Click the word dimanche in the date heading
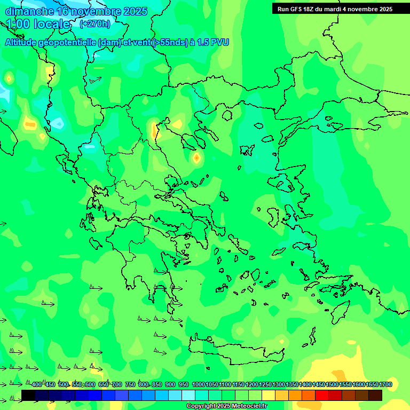(29, 11)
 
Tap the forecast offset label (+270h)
(95, 23)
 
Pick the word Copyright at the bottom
(202, 406)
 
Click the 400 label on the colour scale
(36, 385)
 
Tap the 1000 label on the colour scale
(199, 385)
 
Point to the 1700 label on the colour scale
(385, 385)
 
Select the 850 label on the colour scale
(157, 385)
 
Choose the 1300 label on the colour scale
(279, 385)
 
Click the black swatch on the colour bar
(28, 395)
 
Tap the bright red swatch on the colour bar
(322, 395)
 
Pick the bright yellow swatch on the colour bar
(269, 395)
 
